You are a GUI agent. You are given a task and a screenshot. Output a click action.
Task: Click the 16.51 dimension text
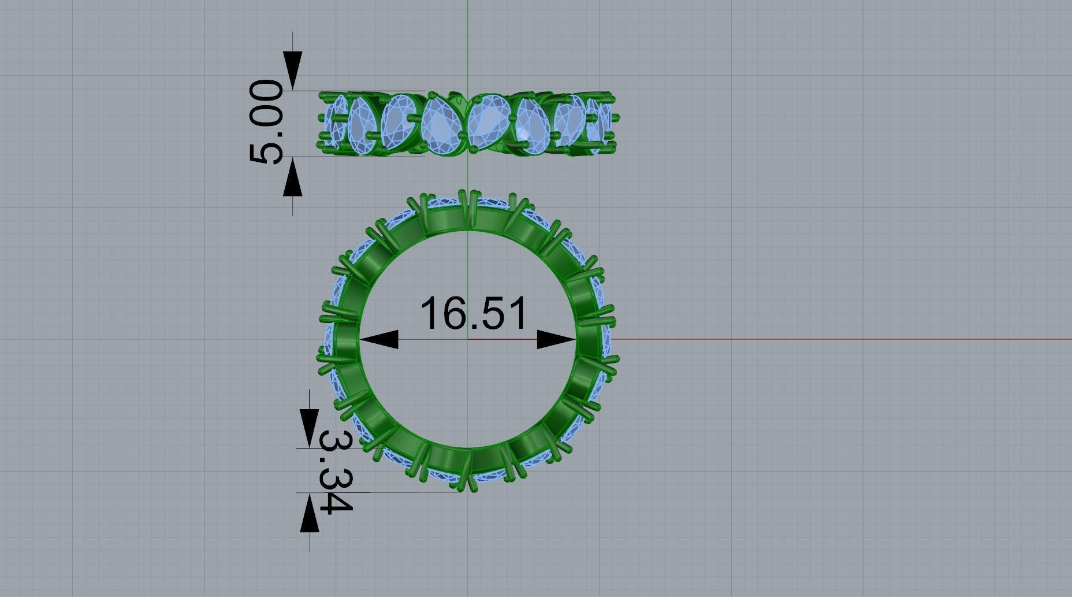pos(474,314)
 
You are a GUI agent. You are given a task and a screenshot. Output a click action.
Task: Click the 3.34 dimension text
pos(334,471)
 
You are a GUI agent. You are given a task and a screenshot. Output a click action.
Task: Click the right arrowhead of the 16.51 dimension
pos(556,340)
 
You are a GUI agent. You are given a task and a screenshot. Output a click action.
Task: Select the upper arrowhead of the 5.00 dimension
pos(292,71)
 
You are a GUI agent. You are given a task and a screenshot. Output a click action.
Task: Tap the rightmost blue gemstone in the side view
pos(604,123)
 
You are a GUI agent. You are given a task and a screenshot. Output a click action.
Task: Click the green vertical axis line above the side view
pos(468,46)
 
